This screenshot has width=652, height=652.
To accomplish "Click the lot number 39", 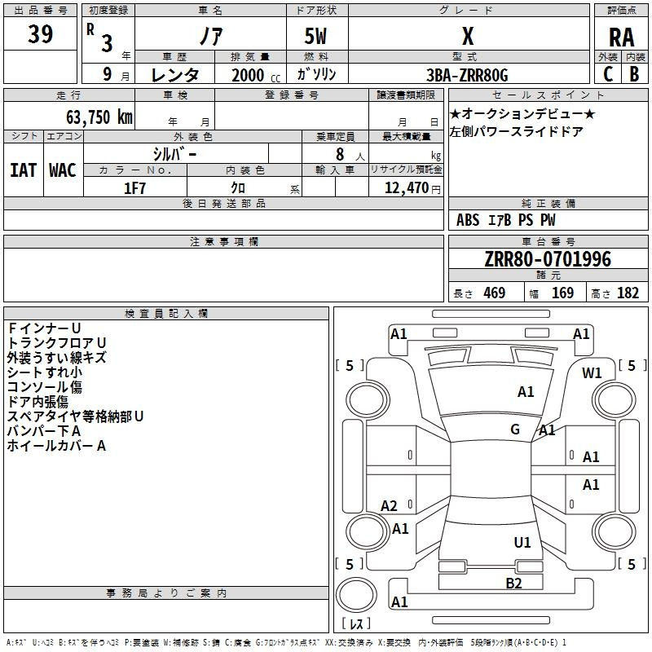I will [42, 34].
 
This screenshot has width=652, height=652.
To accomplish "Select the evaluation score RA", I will [621, 37].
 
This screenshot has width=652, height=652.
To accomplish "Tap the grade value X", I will [468, 36].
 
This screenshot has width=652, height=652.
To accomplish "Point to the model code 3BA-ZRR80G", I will [467, 75].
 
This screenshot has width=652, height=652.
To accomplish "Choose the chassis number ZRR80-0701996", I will [548, 259].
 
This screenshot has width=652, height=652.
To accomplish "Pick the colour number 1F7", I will [134, 187].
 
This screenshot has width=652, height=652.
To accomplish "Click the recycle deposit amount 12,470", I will [406, 187].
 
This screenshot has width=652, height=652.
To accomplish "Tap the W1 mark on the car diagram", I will [592, 373].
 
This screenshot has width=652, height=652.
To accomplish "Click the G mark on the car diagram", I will [515, 429].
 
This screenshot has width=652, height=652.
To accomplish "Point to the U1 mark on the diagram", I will [522, 542].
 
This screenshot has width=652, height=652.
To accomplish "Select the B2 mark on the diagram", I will [513, 582].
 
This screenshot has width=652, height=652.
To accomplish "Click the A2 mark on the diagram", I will [390, 506].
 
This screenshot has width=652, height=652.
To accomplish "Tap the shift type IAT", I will [23, 170].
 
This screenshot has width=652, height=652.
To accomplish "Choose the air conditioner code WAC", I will [63, 170].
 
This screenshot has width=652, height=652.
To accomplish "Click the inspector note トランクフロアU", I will [56, 342].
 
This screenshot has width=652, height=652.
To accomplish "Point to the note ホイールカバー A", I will [56, 446].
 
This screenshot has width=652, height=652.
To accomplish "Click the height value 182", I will [628, 293].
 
